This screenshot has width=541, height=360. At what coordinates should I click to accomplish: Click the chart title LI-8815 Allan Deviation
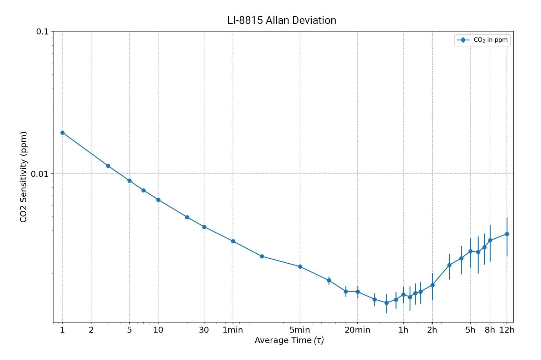[282, 20]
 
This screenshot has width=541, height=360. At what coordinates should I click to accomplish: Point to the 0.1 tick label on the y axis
[42, 31]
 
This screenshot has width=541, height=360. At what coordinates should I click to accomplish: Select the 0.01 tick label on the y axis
[39, 174]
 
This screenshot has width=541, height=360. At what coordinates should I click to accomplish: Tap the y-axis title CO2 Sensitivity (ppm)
[24, 177]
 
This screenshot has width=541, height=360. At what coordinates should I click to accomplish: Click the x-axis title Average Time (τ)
[289, 340]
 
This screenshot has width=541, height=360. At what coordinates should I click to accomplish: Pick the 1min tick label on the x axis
[233, 330]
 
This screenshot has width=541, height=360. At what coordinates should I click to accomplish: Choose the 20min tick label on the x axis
[357, 330]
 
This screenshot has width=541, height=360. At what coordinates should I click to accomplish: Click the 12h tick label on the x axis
[507, 330]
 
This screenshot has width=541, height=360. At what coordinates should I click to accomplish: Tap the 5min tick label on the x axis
[300, 330]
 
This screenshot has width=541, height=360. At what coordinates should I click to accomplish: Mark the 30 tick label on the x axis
[204, 330]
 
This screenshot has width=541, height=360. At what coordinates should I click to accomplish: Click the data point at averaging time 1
[62, 133]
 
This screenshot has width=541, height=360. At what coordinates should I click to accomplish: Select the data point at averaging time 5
[129, 181]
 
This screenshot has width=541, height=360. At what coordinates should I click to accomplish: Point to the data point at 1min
[233, 241]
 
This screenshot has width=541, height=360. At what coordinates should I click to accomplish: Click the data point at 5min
[300, 267]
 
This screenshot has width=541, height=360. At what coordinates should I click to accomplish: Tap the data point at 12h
[507, 234]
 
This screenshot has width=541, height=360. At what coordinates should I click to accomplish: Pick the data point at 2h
[432, 285]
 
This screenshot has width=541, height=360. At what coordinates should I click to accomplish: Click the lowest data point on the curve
[386, 303]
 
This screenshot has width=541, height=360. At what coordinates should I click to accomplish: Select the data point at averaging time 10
[158, 200]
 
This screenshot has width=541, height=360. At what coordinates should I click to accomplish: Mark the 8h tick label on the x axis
[490, 330]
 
